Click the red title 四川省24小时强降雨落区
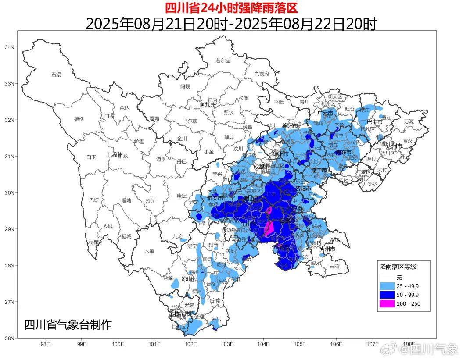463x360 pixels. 231,8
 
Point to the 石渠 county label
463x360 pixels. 56,75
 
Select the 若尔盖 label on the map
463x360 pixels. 223,61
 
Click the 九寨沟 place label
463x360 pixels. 261,74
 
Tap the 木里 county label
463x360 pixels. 150,251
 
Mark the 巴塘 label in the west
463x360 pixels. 94,200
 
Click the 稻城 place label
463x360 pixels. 126,236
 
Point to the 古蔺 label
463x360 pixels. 334,266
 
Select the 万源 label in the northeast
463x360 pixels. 409,121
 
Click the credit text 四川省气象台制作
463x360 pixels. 68,325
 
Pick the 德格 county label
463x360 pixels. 79,118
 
